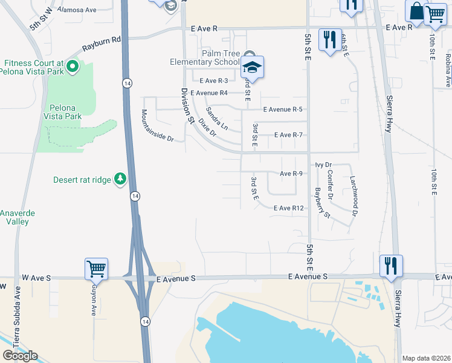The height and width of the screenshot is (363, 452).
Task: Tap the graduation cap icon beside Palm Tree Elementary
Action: [254, 67]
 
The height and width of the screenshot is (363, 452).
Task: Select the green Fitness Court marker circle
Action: [73, 66]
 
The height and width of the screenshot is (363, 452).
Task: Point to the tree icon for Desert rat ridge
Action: [120, 179]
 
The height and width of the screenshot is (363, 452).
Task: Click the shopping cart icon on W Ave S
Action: [97, 268]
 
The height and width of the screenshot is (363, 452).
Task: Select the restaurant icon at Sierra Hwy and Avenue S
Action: [391, 264]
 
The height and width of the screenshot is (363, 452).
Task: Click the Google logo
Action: [20, 355]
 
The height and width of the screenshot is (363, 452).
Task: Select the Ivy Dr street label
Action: [324, 165]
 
